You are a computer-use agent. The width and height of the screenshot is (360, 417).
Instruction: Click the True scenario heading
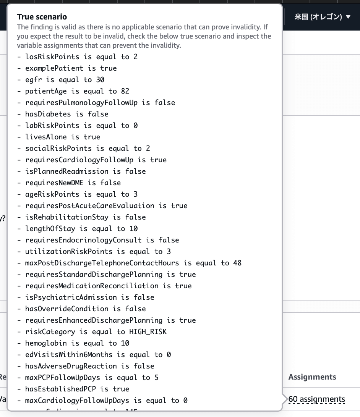click(42, 17)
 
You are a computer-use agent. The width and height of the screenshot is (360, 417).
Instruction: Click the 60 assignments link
click(317, 399)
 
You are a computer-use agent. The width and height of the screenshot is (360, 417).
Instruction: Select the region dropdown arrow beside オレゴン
click(348, 17)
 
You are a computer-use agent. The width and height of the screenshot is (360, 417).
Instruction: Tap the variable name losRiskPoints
click(52, 57)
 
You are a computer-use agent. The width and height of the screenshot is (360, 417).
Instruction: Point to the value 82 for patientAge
click(125, 91)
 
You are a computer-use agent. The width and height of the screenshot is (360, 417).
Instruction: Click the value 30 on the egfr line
click(100, 80)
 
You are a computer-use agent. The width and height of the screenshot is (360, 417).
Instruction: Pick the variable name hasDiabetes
click(48, 114)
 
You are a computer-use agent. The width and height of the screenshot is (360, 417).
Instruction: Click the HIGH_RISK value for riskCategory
click(148, 332)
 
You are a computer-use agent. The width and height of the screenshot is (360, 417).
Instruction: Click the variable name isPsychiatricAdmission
click(71, 297)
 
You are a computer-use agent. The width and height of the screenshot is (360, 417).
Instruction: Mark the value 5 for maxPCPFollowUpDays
click(156, 378)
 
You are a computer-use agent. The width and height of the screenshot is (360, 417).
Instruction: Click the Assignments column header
click(312, 377)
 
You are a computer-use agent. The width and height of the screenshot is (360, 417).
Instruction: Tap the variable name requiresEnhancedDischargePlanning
click(94, 320)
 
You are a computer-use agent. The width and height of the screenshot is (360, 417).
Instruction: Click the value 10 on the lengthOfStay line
click(133, 229)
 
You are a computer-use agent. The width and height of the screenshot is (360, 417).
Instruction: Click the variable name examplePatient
click(54, 68)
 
